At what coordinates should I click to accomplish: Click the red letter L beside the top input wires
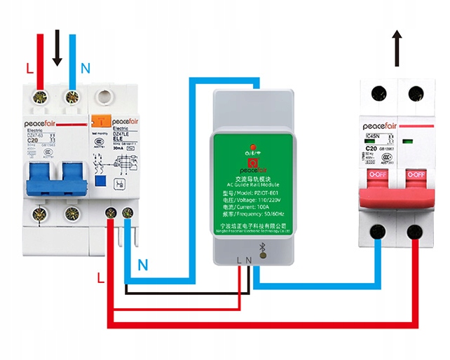click(29, 69)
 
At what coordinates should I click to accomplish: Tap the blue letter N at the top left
click(85, 69)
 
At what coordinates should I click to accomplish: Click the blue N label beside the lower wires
click(143, 265)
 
